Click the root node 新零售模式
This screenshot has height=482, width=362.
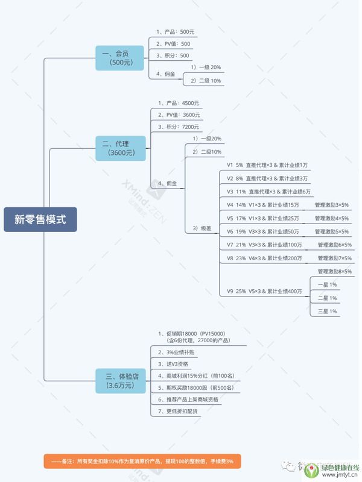pyautogui.click(x=40, y=219)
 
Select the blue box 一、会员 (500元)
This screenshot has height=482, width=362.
pyautogui.click(x=120, y=58)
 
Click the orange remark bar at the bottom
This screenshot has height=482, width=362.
pyautogui.click(x=142, y=462)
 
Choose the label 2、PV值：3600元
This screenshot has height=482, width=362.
pyautogui.click(x=178, y=115)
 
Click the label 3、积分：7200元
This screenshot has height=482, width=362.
pyautogui.click(x=178, y=127)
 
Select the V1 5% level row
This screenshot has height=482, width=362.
pyautogui.click(x=267, y=164)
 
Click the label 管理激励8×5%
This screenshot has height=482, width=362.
pyautogui.click(x=334, y=271)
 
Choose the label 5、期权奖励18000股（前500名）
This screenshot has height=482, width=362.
pyautogui.click(x=195, y=387)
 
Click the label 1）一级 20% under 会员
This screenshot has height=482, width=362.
pyautogui.click(x=206, y=67)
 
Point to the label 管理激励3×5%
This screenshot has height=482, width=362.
pyautogui.click(x=331, y=205)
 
